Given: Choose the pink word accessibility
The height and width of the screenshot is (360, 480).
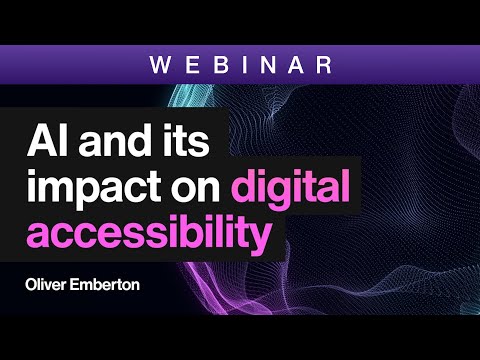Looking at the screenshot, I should [147, 236].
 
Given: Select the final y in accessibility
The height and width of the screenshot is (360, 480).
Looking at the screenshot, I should [263, 240].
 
